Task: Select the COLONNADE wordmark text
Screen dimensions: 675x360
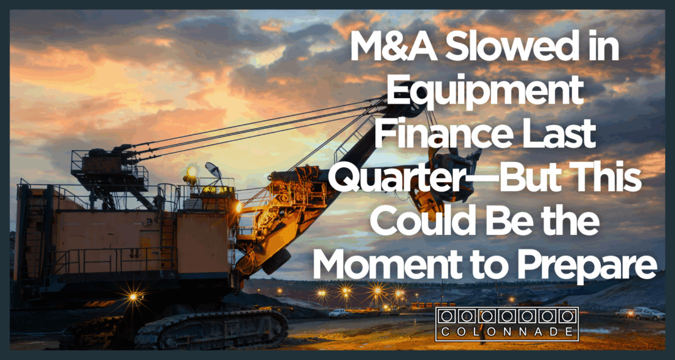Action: point(507,332)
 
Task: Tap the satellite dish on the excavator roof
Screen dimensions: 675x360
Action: point(213,171)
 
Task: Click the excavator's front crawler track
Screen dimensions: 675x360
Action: point(211,329)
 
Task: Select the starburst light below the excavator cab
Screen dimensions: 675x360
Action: point(133,297)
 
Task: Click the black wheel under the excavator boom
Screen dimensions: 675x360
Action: point(276,261)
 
